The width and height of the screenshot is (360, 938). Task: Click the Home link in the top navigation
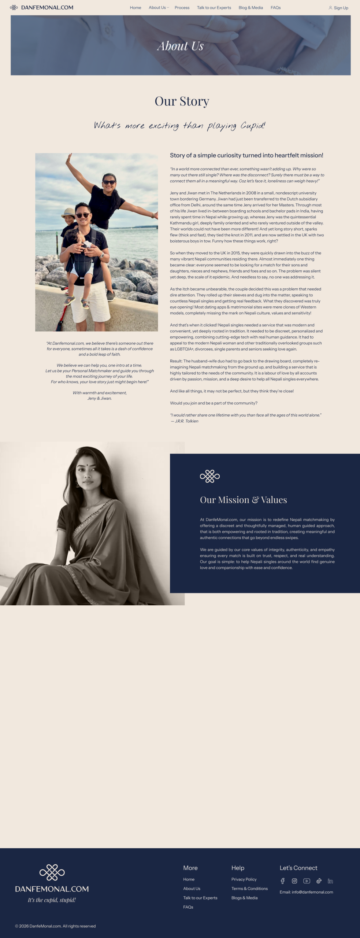point(136,8)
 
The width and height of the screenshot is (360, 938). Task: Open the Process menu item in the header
point(182,8)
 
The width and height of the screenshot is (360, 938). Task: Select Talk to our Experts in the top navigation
point(214,8)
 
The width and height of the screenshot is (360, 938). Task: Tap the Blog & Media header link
point(251,8)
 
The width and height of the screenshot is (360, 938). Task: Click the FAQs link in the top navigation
point(275,8)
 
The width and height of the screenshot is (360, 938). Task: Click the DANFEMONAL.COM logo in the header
point(42,7)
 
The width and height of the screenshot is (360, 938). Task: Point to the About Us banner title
point(180,46)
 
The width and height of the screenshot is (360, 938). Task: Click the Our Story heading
point(182,101)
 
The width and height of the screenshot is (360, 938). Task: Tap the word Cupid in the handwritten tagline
point(252,126)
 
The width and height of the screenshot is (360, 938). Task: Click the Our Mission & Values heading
point(243,500)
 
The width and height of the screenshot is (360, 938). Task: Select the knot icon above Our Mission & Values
point(210,476)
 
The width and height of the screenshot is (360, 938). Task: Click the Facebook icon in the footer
point(282,881)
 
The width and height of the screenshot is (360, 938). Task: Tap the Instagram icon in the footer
point(294,881)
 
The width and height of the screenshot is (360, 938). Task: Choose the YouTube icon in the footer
point(307,881)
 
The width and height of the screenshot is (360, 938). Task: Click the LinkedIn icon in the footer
point(330,881)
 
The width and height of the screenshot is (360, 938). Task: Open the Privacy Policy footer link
point(244,879)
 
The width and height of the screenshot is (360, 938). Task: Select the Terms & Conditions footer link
point(249,889)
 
